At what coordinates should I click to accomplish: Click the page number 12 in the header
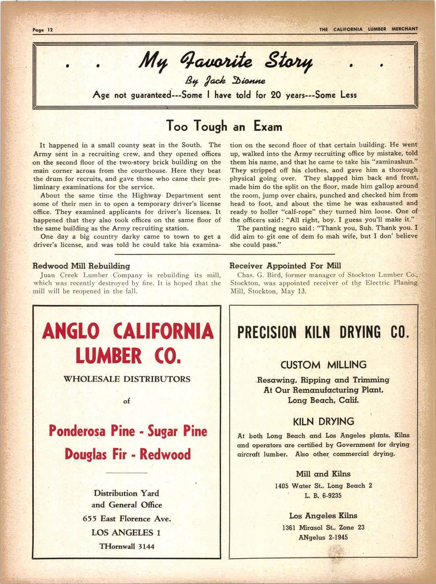[50, 30]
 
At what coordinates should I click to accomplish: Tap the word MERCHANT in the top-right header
[404, 29]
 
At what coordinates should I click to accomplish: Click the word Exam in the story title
[267, 126]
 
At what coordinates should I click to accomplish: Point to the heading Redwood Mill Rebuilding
[81, 266]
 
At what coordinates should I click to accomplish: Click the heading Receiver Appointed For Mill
[285, 266]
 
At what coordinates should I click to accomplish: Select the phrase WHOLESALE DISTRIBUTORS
[126, 379]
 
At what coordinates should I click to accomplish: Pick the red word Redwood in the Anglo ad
[165, 454]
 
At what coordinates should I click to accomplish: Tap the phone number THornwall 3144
[127, 546]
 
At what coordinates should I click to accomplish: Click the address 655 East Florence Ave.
[127, 519]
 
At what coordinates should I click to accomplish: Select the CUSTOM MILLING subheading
[323, 365]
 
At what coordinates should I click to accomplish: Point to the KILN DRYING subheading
[323, 421]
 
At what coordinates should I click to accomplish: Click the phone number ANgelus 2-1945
[323, 537]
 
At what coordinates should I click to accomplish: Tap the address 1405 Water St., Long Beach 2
[323, 486]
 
